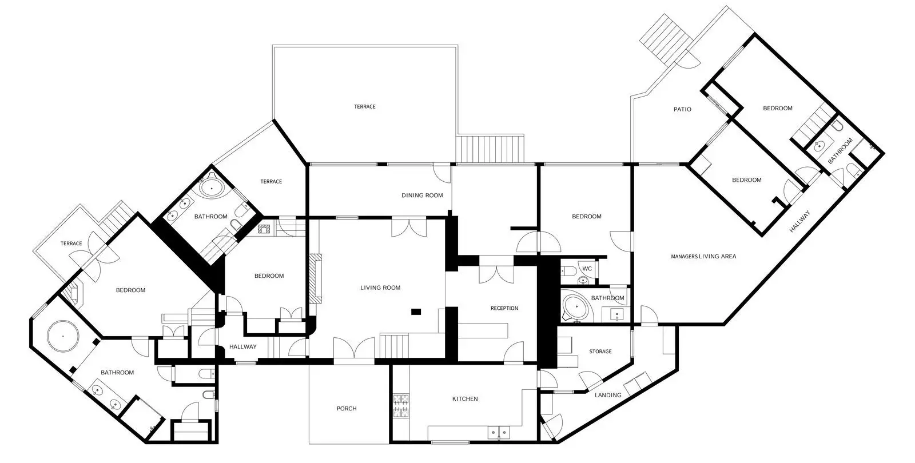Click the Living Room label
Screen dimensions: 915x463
pos(380,288)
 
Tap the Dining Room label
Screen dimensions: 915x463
pos(422,195)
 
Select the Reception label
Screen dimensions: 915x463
pos(504,308)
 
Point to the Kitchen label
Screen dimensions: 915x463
pos(465,399)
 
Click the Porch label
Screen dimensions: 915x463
pos(347,409)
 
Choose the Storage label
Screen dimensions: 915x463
pos(600,352)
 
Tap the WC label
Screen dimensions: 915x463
pos(587,269)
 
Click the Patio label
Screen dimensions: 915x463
pos(682,109)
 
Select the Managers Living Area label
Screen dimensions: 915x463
pos(703,257)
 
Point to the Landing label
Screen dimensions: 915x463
pos(608,395)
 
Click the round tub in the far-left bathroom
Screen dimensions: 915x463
pos(63,336)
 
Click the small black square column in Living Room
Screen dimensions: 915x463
pos(416,312)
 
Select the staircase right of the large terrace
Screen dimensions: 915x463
pos(490,149)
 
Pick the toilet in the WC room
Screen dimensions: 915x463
pos(568,270)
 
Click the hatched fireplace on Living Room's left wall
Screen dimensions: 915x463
pos(315,278)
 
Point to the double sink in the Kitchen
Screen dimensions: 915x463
pos(499,432)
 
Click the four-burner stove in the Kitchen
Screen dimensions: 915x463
pos(401,406)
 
